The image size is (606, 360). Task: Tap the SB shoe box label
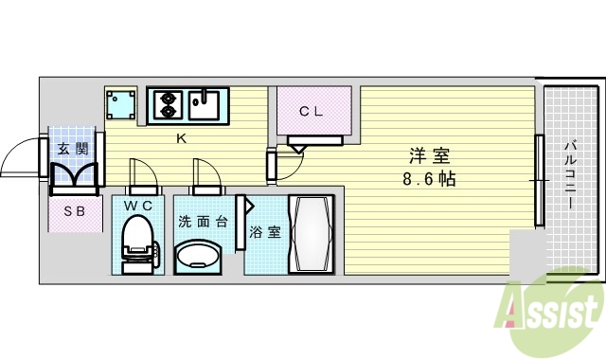coord(74,212)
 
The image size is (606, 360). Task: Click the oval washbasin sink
coord(199,256)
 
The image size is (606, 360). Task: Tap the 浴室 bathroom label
coord(265,232)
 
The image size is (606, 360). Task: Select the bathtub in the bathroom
coord(311,234)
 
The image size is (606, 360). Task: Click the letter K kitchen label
coord(180,139)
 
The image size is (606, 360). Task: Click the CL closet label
coord(312,111)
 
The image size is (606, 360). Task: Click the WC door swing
coord(141,175)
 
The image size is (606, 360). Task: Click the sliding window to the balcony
coord(539,180)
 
